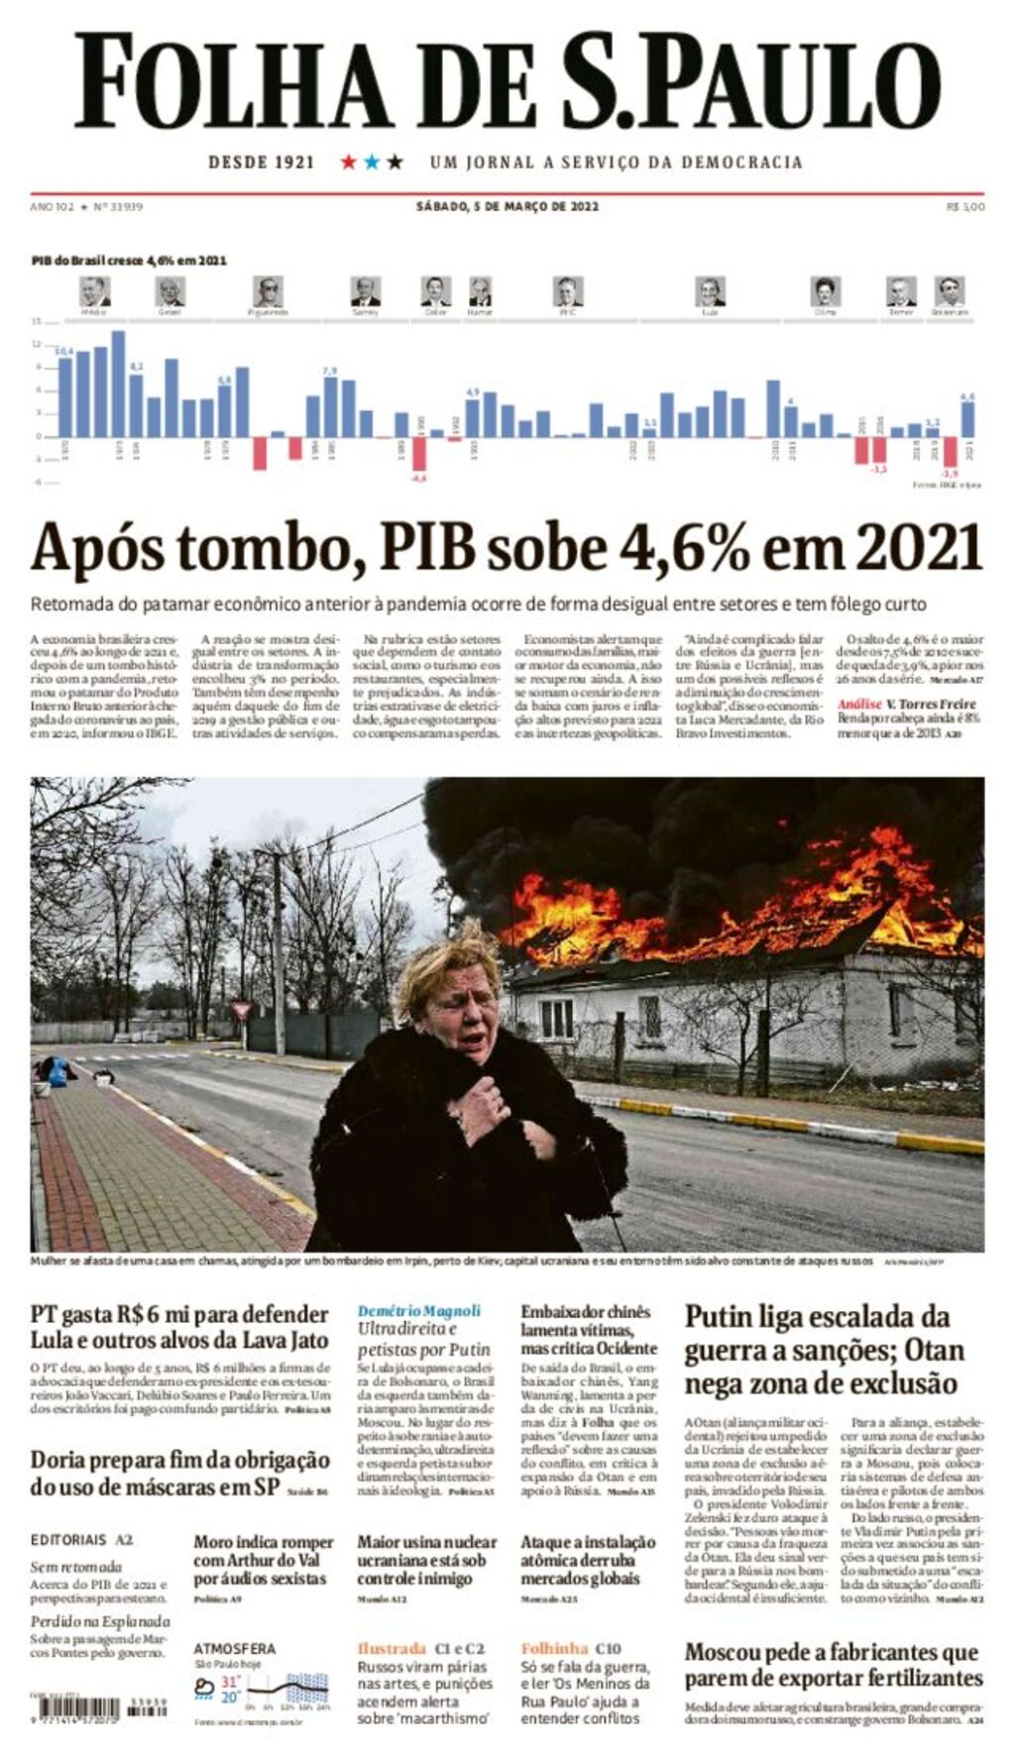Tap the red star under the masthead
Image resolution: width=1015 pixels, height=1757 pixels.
[349, 162]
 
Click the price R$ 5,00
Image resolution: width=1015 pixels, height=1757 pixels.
[965, 207]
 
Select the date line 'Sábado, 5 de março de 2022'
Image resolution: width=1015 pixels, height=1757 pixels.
[507, 207]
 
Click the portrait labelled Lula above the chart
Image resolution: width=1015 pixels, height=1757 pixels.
[710, 291]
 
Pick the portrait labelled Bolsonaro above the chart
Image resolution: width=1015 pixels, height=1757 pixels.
[950, 291]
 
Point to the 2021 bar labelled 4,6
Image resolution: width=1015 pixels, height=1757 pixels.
[967, 418]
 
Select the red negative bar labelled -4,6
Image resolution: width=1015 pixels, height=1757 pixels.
[419, 453]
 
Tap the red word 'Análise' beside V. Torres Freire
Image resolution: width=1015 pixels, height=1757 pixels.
[858, 704]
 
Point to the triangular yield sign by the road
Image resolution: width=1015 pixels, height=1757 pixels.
[240, 1010]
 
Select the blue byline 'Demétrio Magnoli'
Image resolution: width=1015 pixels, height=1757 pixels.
[419, 1311]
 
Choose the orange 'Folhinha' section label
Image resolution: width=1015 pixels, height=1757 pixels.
[554, 1648]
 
